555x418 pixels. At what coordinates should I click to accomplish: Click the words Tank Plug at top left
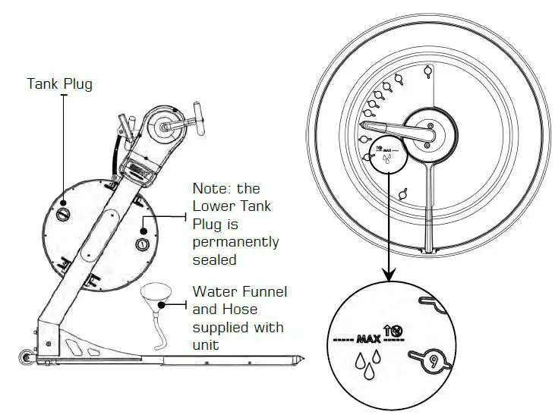(x=59, y=83)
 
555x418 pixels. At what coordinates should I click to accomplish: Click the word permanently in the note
(x=235, y=243)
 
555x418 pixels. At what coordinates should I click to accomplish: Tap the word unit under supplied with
(x=206, y=346)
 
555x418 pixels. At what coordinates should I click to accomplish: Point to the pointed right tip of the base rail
(x=304, y=357)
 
